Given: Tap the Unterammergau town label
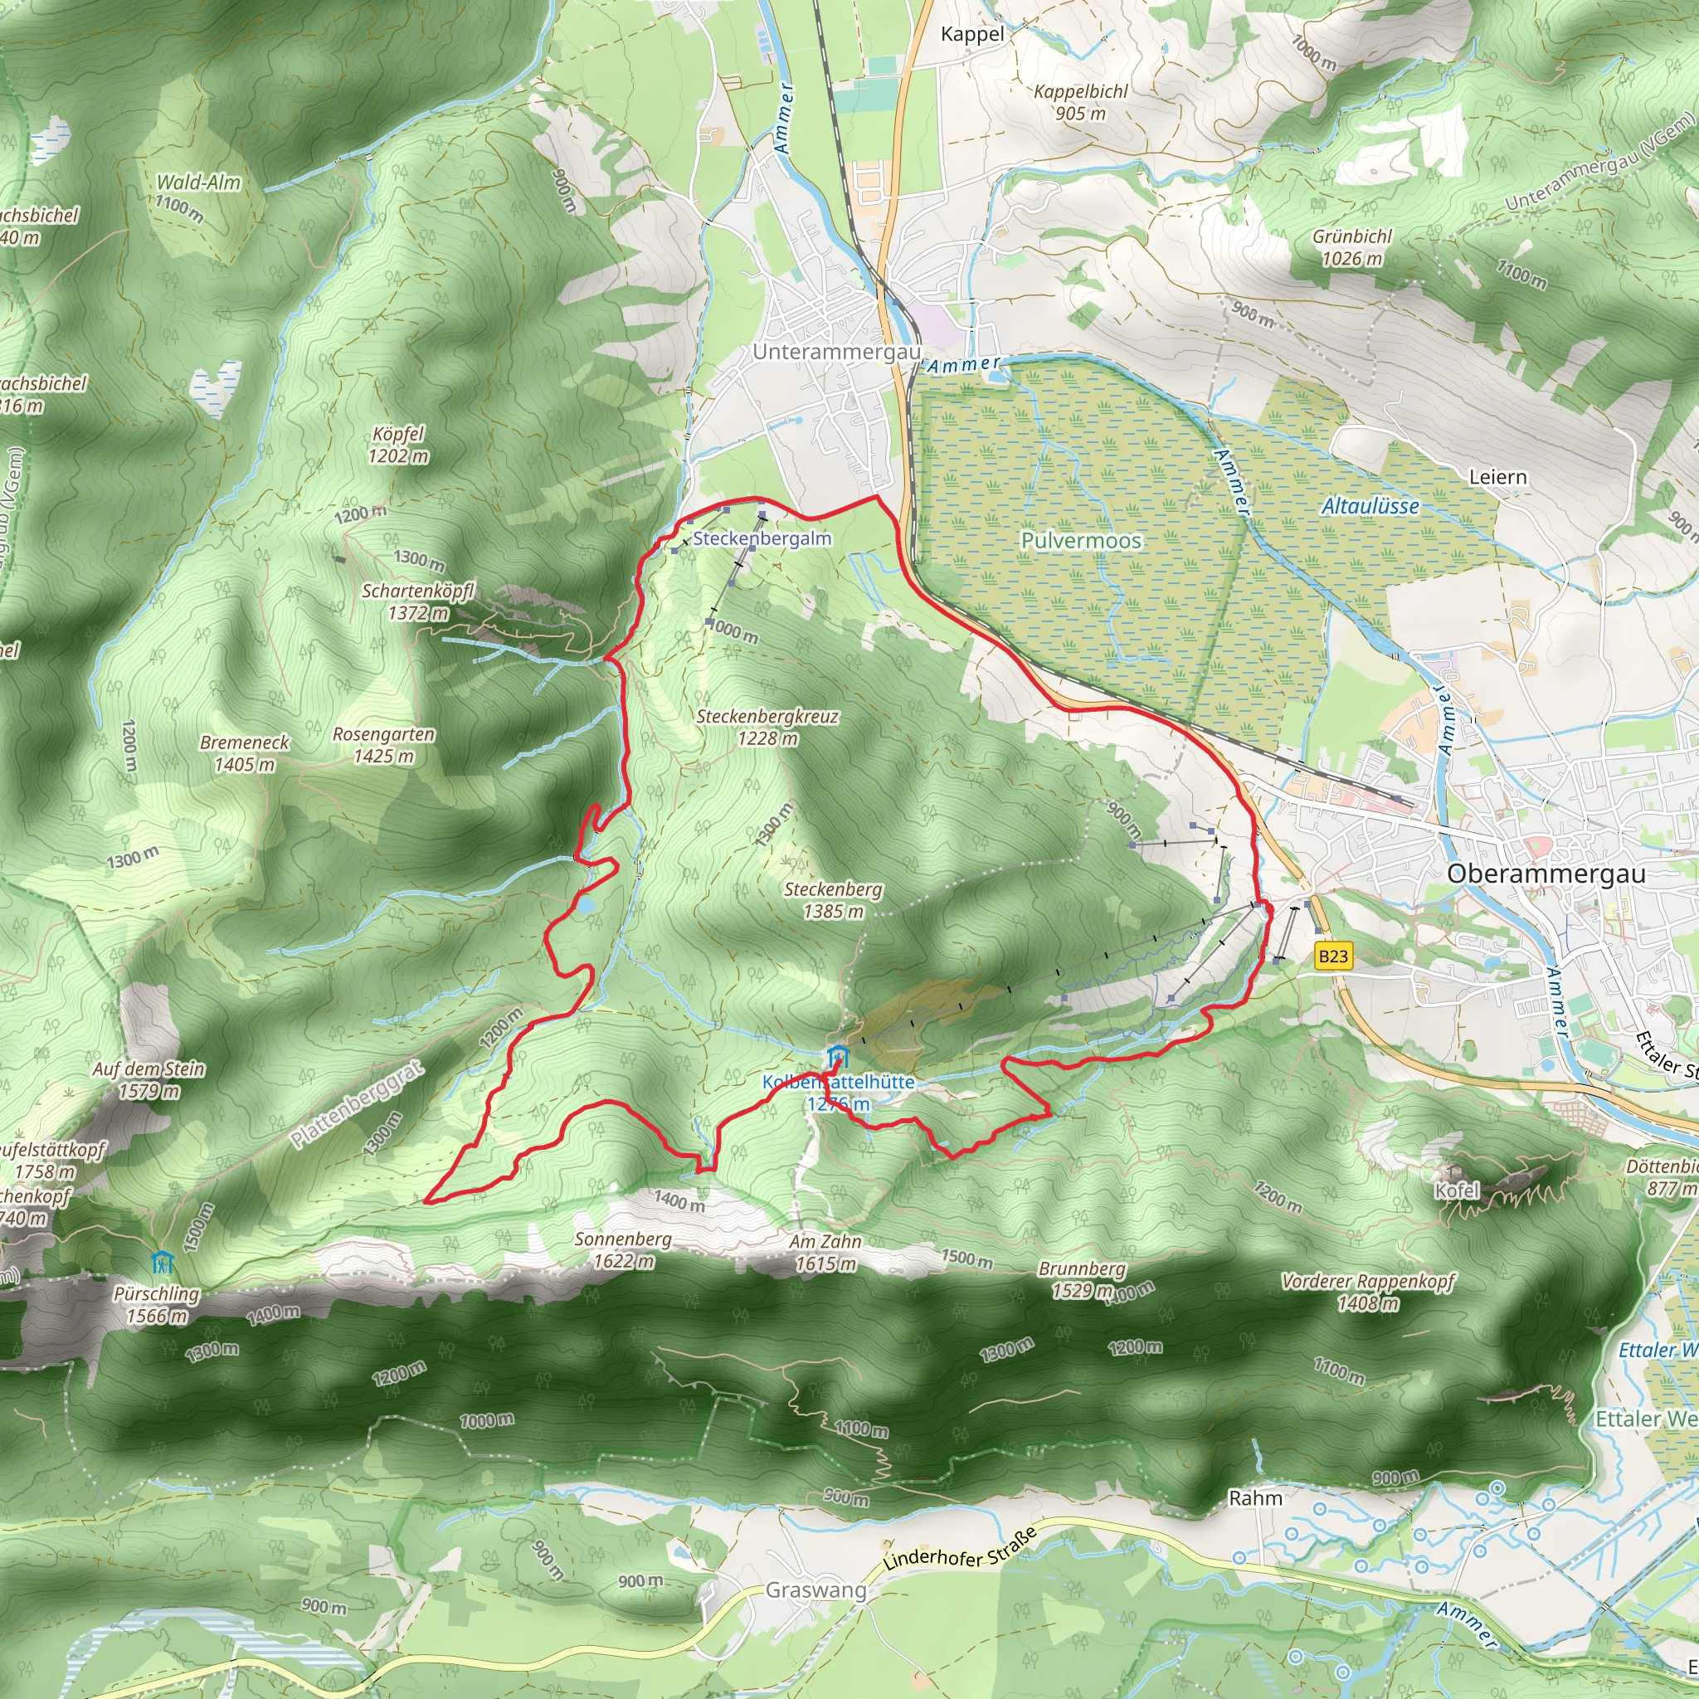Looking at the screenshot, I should pos(836,352).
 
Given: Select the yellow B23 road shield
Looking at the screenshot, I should pos(1332,957).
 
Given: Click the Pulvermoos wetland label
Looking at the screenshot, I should pos(1081,540).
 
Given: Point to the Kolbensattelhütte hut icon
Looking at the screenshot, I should pos(838,1054).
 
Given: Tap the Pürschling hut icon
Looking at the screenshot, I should pos(162,1263).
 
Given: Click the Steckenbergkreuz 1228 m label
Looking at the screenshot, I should pos(767,728).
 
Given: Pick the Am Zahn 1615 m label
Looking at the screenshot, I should pos(825,1252).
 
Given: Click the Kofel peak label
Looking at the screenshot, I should pos(1457,1190).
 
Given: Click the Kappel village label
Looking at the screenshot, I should pos(971,34).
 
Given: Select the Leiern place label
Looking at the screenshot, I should pos(1497,477).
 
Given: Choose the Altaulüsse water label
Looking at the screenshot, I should pos(1370,506).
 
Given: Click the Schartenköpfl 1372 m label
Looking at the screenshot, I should pos(419,601).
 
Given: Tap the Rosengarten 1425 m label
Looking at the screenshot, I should pos(383,745).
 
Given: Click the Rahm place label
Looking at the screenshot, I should pos(1255,1497).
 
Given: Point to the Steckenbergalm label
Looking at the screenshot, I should pos(762,538).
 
